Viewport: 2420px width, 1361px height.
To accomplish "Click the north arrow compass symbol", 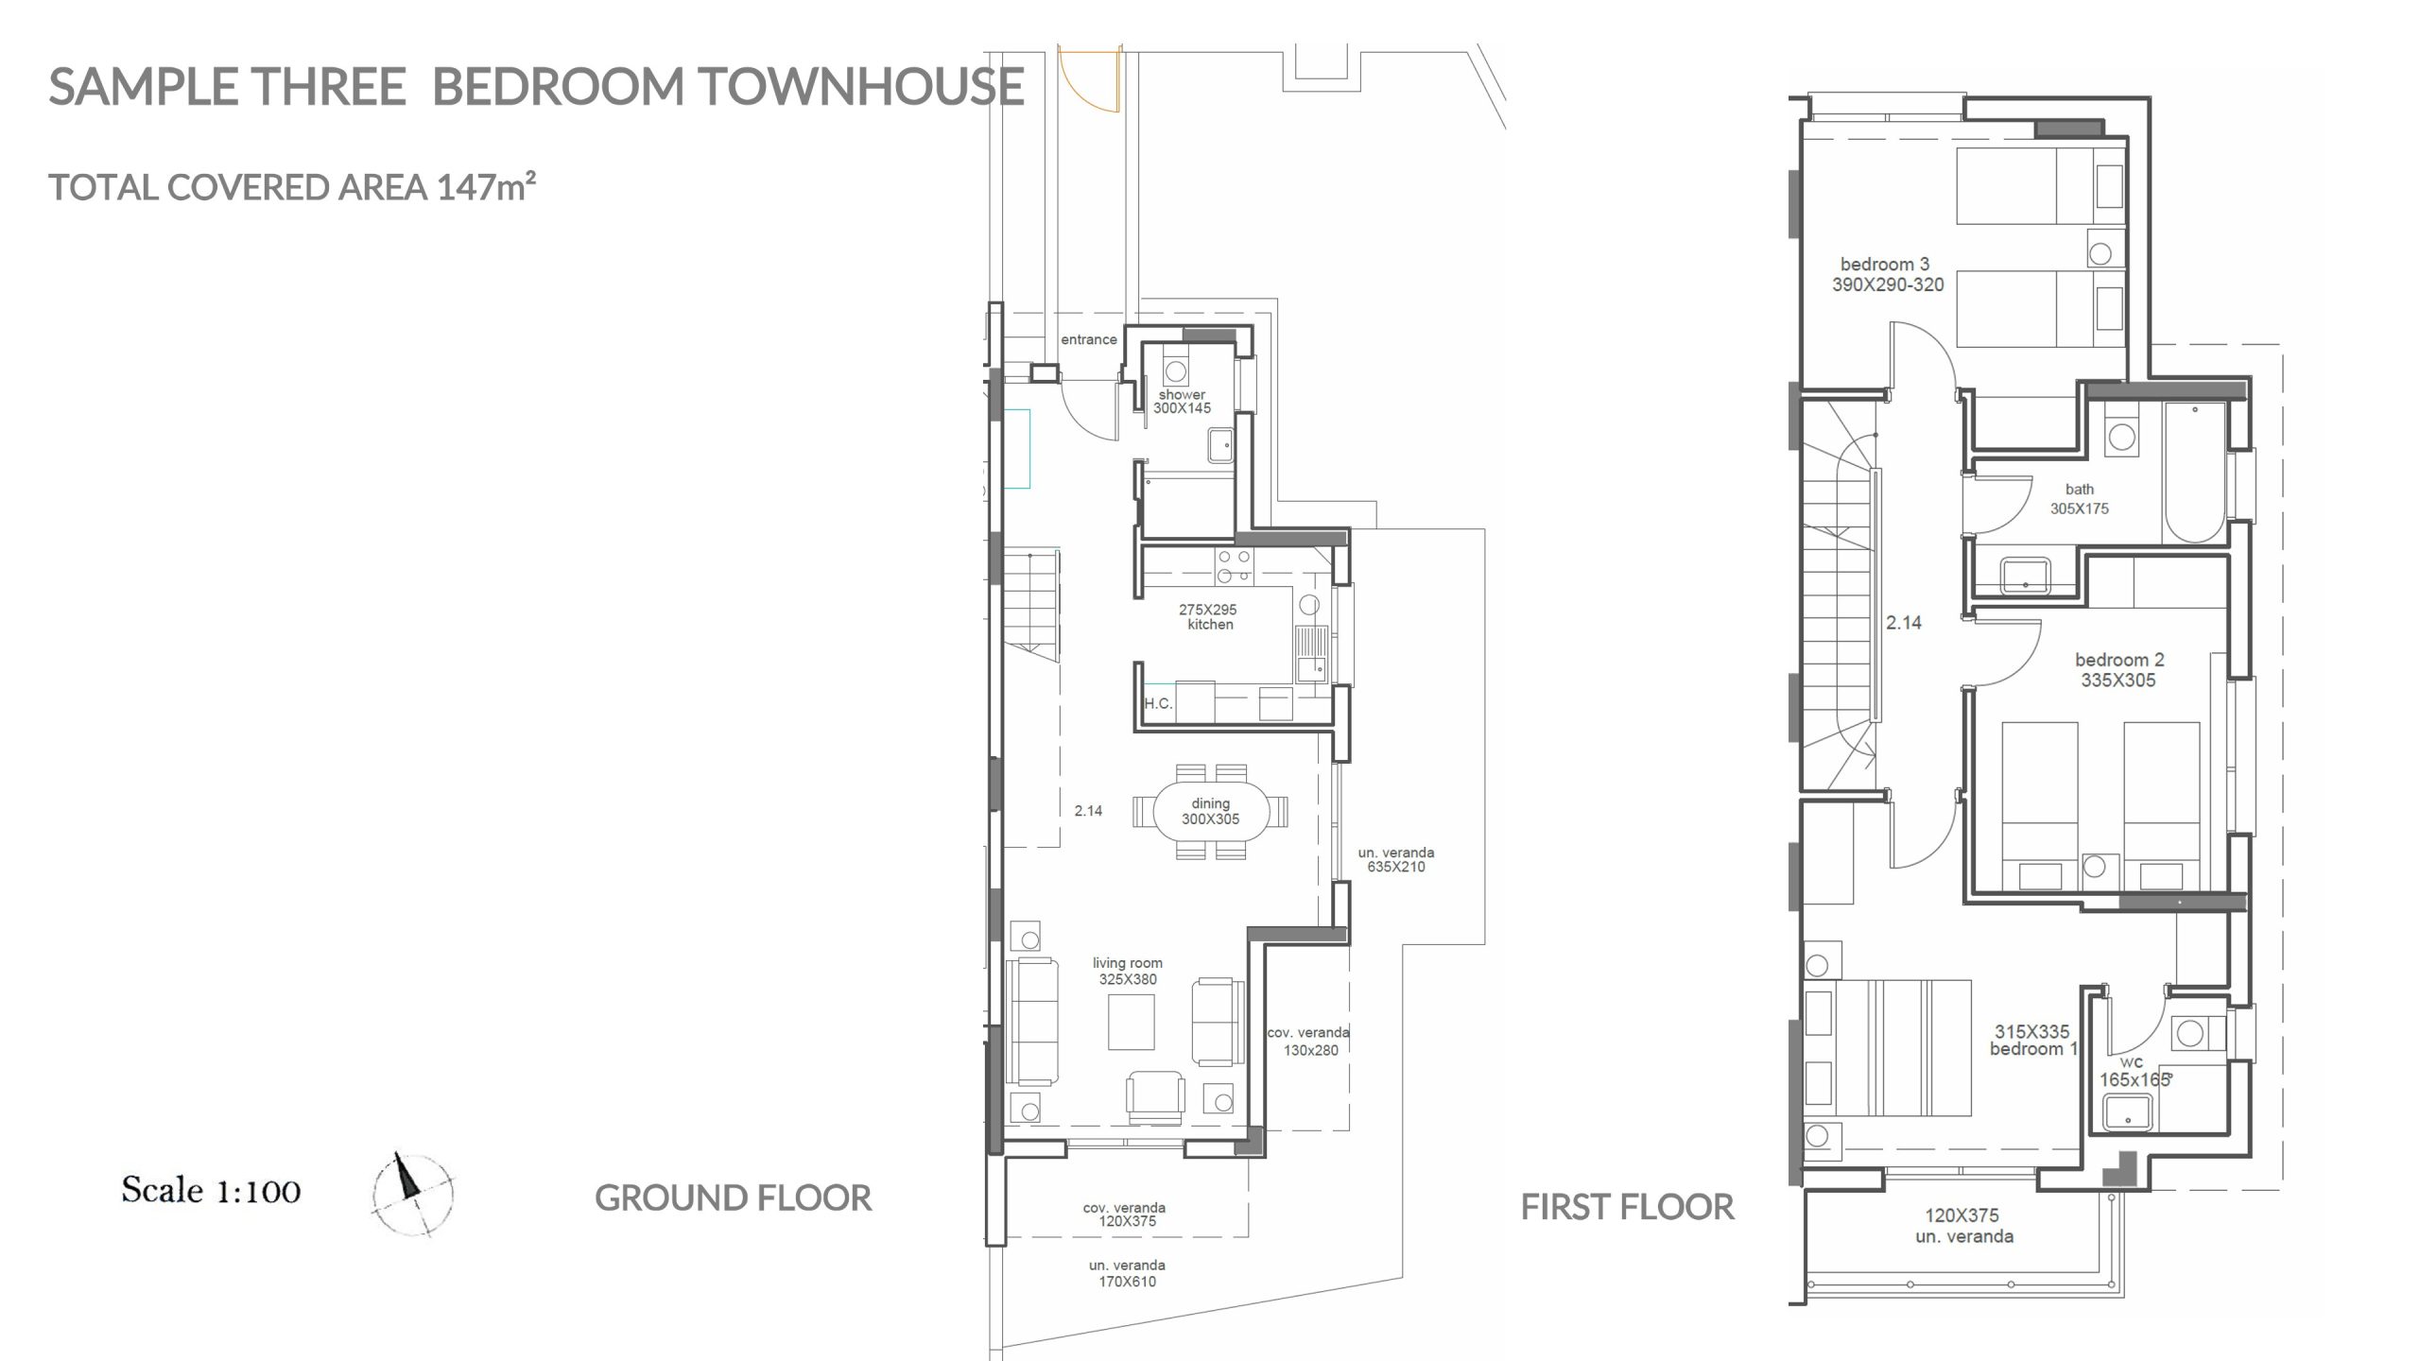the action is [413, 1195].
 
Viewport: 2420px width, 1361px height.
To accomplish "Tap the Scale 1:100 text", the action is [211, 1190].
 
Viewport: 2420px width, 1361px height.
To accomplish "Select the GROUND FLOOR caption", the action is [733, 1198].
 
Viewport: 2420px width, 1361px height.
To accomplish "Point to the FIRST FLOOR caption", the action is [1627, 1207].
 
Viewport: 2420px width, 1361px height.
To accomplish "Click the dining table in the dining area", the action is [1210, 812].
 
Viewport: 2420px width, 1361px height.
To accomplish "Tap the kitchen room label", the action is [1210, 625].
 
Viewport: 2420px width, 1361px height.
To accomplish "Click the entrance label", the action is [1088, 339].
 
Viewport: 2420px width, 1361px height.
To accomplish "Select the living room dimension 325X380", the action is [1128, 979].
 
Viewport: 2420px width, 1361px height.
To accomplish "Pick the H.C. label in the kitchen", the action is [1158, 703].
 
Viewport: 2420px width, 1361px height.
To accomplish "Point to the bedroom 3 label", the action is [1885, 265].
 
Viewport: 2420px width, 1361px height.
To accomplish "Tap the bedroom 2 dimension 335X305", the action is [2118, 680].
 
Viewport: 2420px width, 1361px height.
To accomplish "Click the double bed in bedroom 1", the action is [1888, 1047].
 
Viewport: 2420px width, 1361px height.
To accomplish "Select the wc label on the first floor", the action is [2131, 1062].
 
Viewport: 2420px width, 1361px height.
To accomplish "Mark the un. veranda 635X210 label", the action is [1396, 860].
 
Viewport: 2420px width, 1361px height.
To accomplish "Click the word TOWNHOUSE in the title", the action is [862, 86].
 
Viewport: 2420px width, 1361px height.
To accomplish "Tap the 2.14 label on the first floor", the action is [1904, 623].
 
